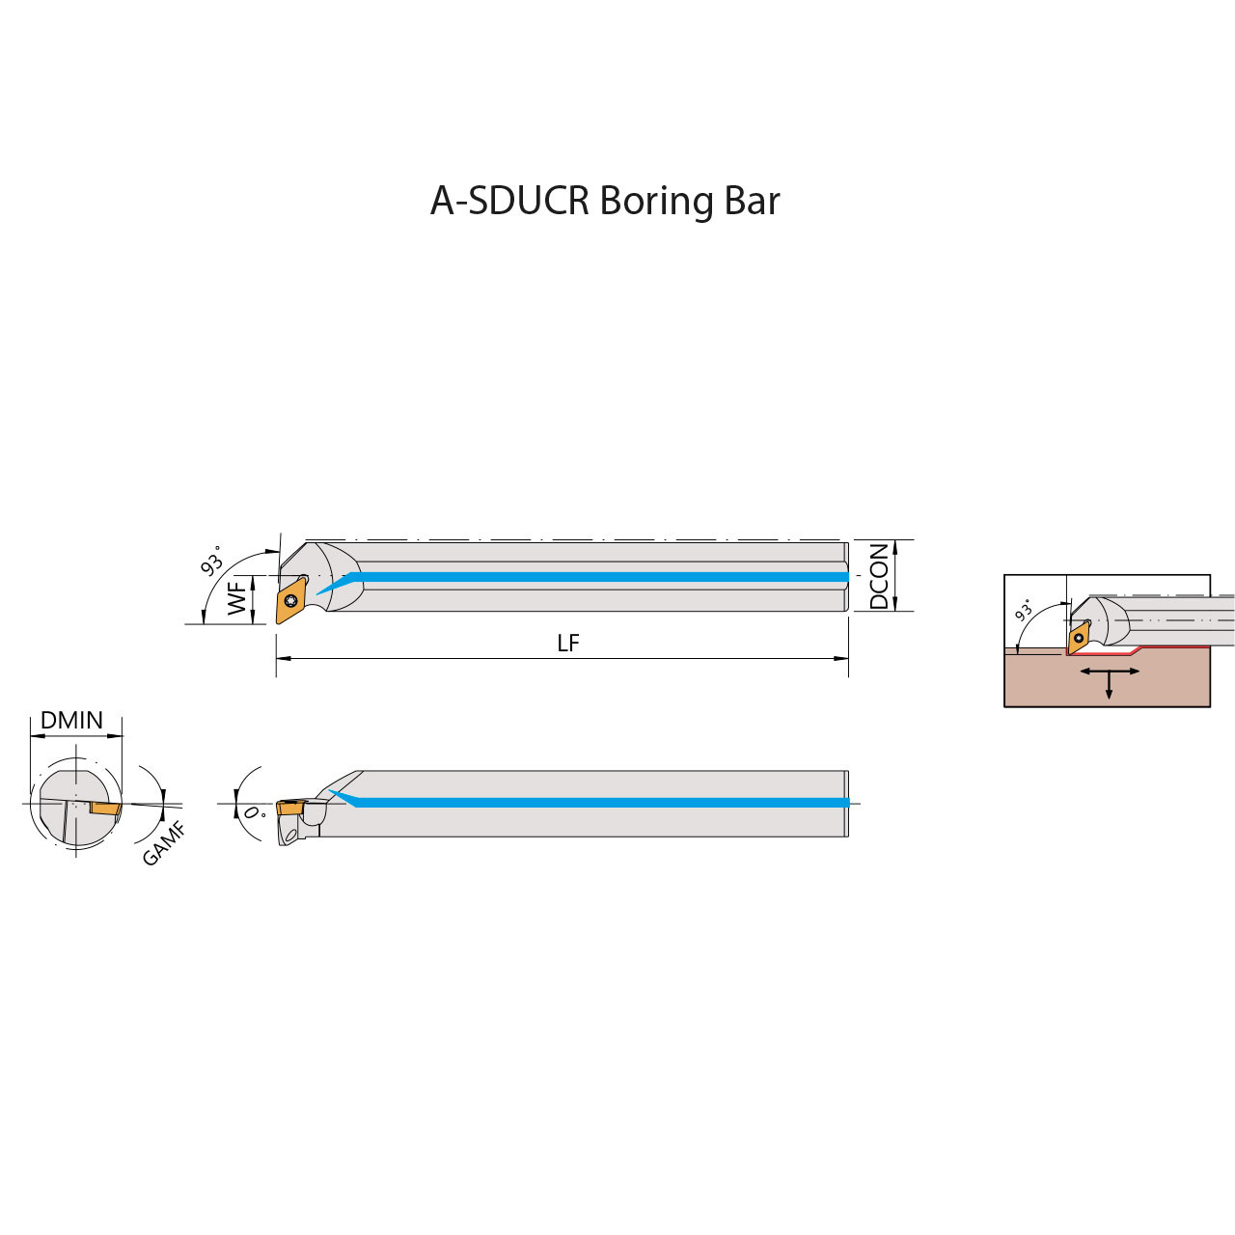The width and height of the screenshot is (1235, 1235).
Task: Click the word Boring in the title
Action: coord(656,202)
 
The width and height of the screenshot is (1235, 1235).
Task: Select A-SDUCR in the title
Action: coord(509,201)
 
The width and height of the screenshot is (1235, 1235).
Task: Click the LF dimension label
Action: coord(568,644)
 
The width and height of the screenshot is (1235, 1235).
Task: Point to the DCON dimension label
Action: coord(879,576)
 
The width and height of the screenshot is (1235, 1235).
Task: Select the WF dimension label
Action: coord(237,598)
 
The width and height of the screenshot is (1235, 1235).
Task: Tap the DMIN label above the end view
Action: coord(71,721)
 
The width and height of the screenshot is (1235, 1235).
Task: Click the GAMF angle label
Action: coord(164,843)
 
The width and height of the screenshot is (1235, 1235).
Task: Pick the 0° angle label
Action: coord(254,813)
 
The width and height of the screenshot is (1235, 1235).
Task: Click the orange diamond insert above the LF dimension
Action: coord(290,601)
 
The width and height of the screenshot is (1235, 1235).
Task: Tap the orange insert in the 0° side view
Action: coord(290,808)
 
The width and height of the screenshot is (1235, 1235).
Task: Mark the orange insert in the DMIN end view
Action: coord(105,808)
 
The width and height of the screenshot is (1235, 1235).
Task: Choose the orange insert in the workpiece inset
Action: coord(1079,638)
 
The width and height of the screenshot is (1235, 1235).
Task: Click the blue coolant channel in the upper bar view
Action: coord(598,577)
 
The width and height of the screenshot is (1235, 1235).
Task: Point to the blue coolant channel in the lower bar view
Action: coord(598,803)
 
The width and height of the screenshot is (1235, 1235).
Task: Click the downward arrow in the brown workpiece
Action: coord(1109,687)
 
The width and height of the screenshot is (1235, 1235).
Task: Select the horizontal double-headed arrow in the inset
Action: coord(1109,671)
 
